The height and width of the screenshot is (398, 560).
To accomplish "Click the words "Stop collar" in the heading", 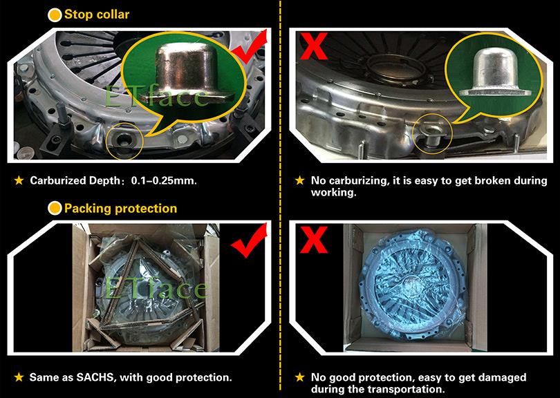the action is pyautogui.click(x=97, y=15).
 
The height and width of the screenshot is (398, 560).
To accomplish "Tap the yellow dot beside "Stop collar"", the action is pyautogui.click(x=55, y=15).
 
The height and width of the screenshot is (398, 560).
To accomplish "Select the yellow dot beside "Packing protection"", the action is pyautogui.click(x=55, y=208).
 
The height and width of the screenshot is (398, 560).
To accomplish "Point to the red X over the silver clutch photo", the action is pyautogui.click(x=314, y=46).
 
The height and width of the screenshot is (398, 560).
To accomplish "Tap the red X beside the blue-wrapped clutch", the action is pyautogui.click(x=314, y=240).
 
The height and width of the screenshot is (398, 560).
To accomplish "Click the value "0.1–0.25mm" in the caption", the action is pyautogui.click(x=164, y=180).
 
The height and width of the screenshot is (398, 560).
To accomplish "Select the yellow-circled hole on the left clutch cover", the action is pyautogui.click(x=125, y=140).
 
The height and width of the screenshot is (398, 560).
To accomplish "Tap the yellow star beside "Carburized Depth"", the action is pyautogui.click(x=19, y=180).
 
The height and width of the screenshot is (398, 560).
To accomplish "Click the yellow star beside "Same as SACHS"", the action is pyautogui.click(x=19, y=377).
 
